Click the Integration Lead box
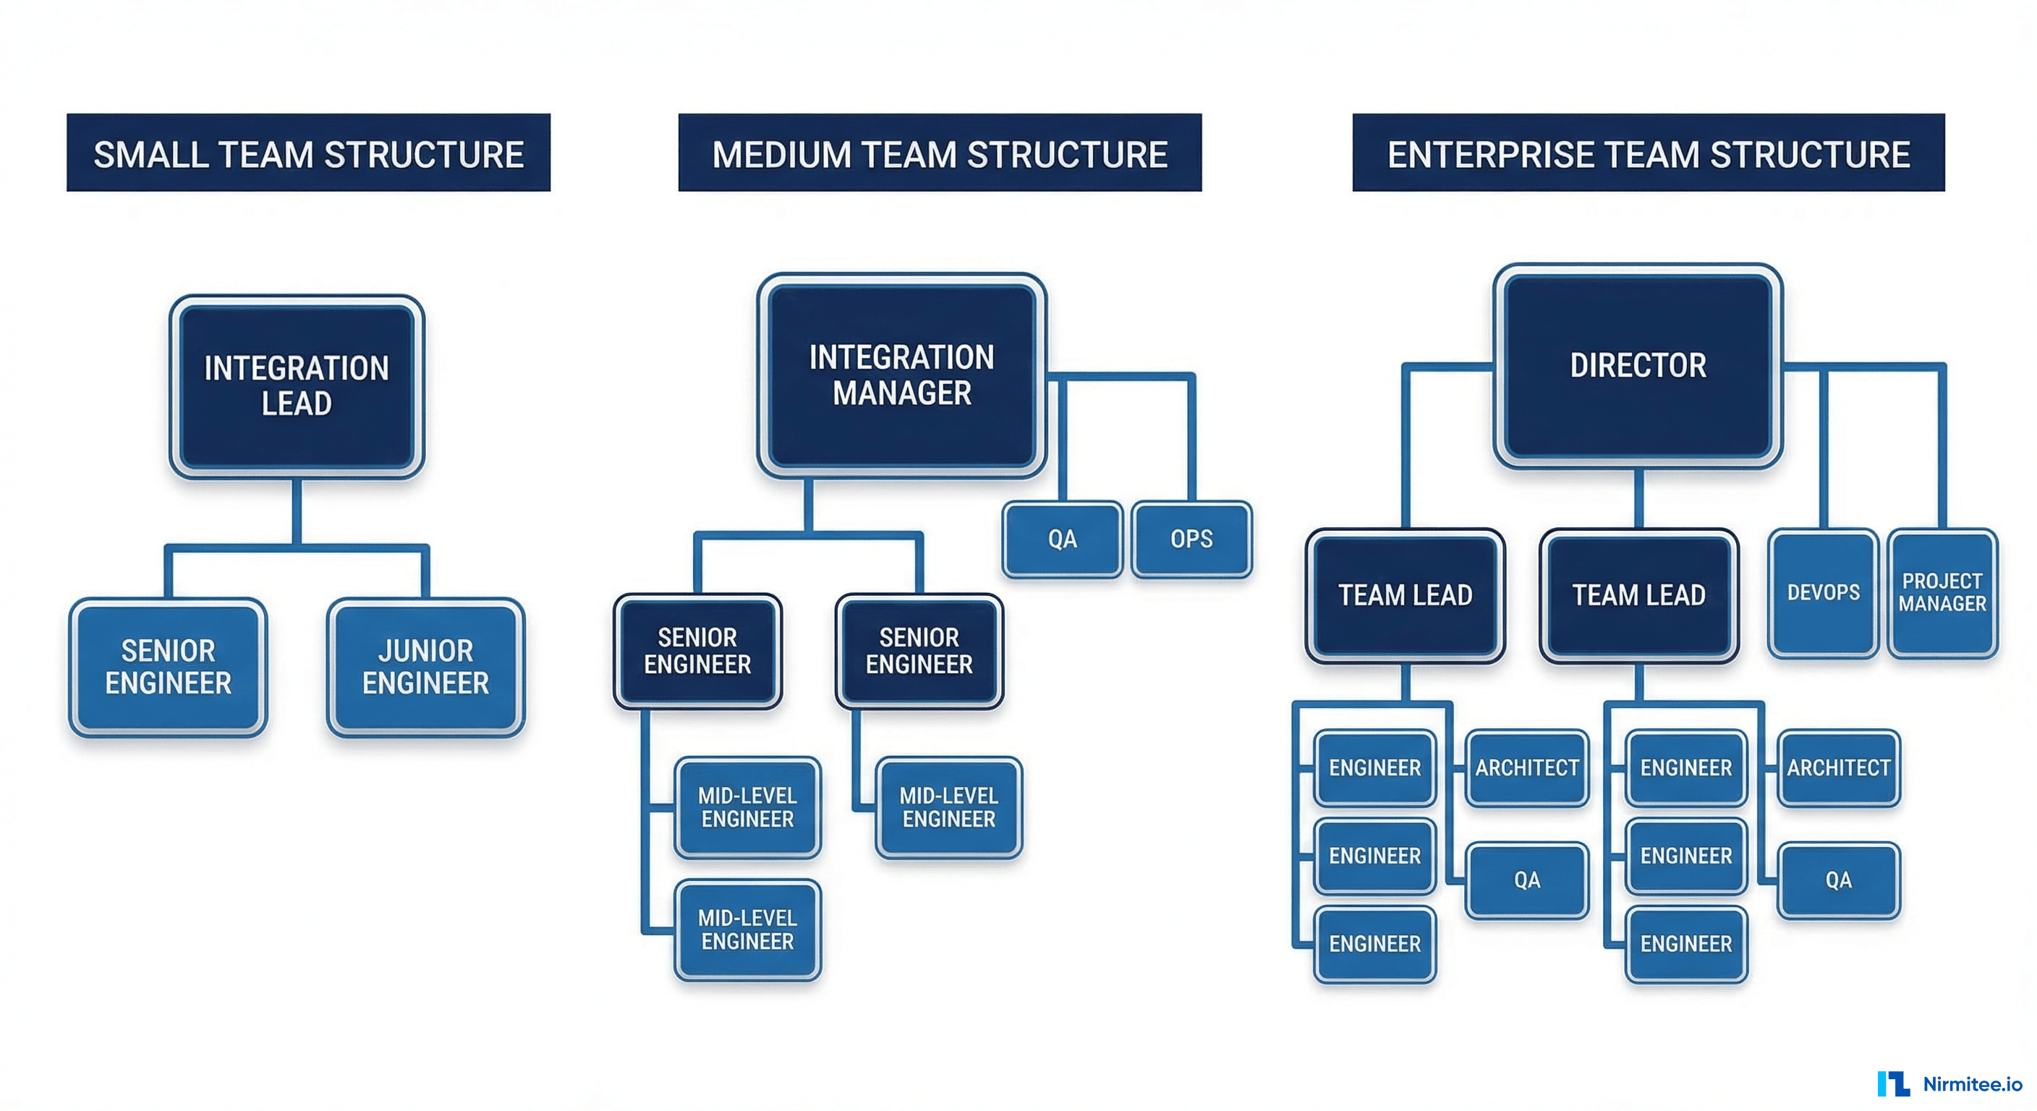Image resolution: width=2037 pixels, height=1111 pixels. point(297,386)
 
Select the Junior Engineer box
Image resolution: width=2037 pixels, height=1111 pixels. point(425,667)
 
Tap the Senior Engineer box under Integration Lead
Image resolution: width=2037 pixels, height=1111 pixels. point(168,667)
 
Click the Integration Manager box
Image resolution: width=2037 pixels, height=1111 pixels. point(901,375)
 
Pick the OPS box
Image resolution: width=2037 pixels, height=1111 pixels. point(1191,538)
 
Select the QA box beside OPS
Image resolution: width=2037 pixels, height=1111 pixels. point(1062,538)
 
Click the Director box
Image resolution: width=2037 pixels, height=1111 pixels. point(1638,365)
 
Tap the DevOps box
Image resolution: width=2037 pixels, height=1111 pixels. point(1823,592)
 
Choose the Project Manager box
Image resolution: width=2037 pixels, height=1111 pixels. point(1942,592)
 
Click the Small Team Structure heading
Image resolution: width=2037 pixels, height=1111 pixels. point(308,153)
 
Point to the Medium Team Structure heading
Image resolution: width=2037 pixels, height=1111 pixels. point(940,153)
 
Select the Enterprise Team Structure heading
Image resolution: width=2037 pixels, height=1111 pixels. point(1648,153)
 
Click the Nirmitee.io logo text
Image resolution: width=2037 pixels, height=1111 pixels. point(1972,1084)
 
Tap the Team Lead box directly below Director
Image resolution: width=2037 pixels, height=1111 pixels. point(1638,595)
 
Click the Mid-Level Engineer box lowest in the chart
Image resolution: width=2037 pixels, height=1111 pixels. point(747,930)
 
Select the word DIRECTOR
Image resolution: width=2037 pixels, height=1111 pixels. point(1638,365)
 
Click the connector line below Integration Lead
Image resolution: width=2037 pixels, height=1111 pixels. point(297,512)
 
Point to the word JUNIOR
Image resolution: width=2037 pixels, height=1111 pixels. point(425,651)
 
